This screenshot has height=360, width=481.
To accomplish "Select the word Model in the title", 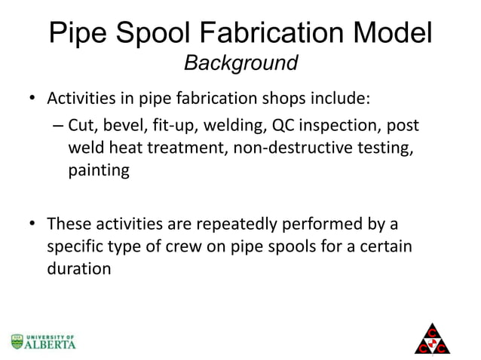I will coord(391,34).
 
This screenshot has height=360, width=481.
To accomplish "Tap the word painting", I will coord(99,170).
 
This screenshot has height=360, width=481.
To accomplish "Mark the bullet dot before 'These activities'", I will coord(32,224).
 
